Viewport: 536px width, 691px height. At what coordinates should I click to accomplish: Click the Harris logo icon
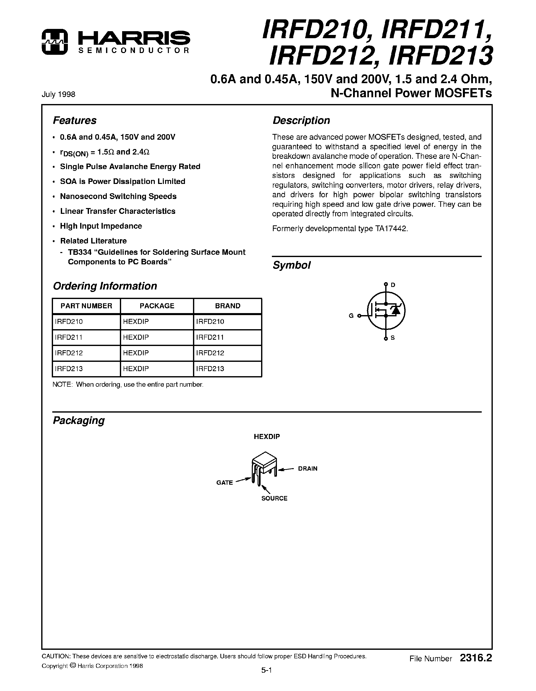[x=55, y=41]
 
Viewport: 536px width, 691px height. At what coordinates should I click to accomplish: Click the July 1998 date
[x=58, y=94]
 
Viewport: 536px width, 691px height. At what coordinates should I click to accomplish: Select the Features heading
[x=75, y=121]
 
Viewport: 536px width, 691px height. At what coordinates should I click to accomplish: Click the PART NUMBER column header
[x=86, y=306]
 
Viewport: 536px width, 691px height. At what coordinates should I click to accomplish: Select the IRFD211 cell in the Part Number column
[x=69, y=337]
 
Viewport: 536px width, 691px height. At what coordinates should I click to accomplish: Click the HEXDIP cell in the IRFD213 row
[x=136, y=369]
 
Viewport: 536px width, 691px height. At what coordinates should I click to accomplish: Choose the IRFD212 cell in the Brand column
[x=210, y=353]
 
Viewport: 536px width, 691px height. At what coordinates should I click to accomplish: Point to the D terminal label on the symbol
[x=393, y=285]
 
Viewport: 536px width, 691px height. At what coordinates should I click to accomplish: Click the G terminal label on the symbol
[x=351, y=316]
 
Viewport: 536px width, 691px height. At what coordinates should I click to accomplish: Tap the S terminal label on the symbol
[x=393, y=338]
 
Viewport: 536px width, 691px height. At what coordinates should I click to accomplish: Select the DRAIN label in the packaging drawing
[x=308, y=469]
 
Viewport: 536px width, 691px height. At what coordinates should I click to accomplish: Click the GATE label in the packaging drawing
[x=224, y=482]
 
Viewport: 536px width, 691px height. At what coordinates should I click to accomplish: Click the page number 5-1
[x=266, y=670]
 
